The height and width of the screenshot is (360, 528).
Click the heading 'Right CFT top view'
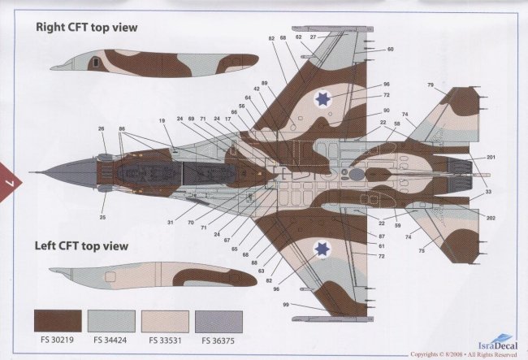pyautogui.click(x=86, y=27)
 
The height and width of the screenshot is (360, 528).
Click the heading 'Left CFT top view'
pyautogui.click(x=82, y=245)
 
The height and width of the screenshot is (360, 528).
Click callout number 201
pyautogui.click(x=491, y=157)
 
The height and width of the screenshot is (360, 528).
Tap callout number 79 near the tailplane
pyautogui.click(x=430, y=85)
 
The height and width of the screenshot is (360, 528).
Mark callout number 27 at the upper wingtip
pyautogui.click(x=312, y=37)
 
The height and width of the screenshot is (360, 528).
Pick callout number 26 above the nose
pyautogui.click(x=102, y=128)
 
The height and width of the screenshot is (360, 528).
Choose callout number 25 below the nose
pyautogui.click(x=102, y=217)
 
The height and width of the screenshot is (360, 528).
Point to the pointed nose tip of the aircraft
pyautogui.click(x=32, y=172)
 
